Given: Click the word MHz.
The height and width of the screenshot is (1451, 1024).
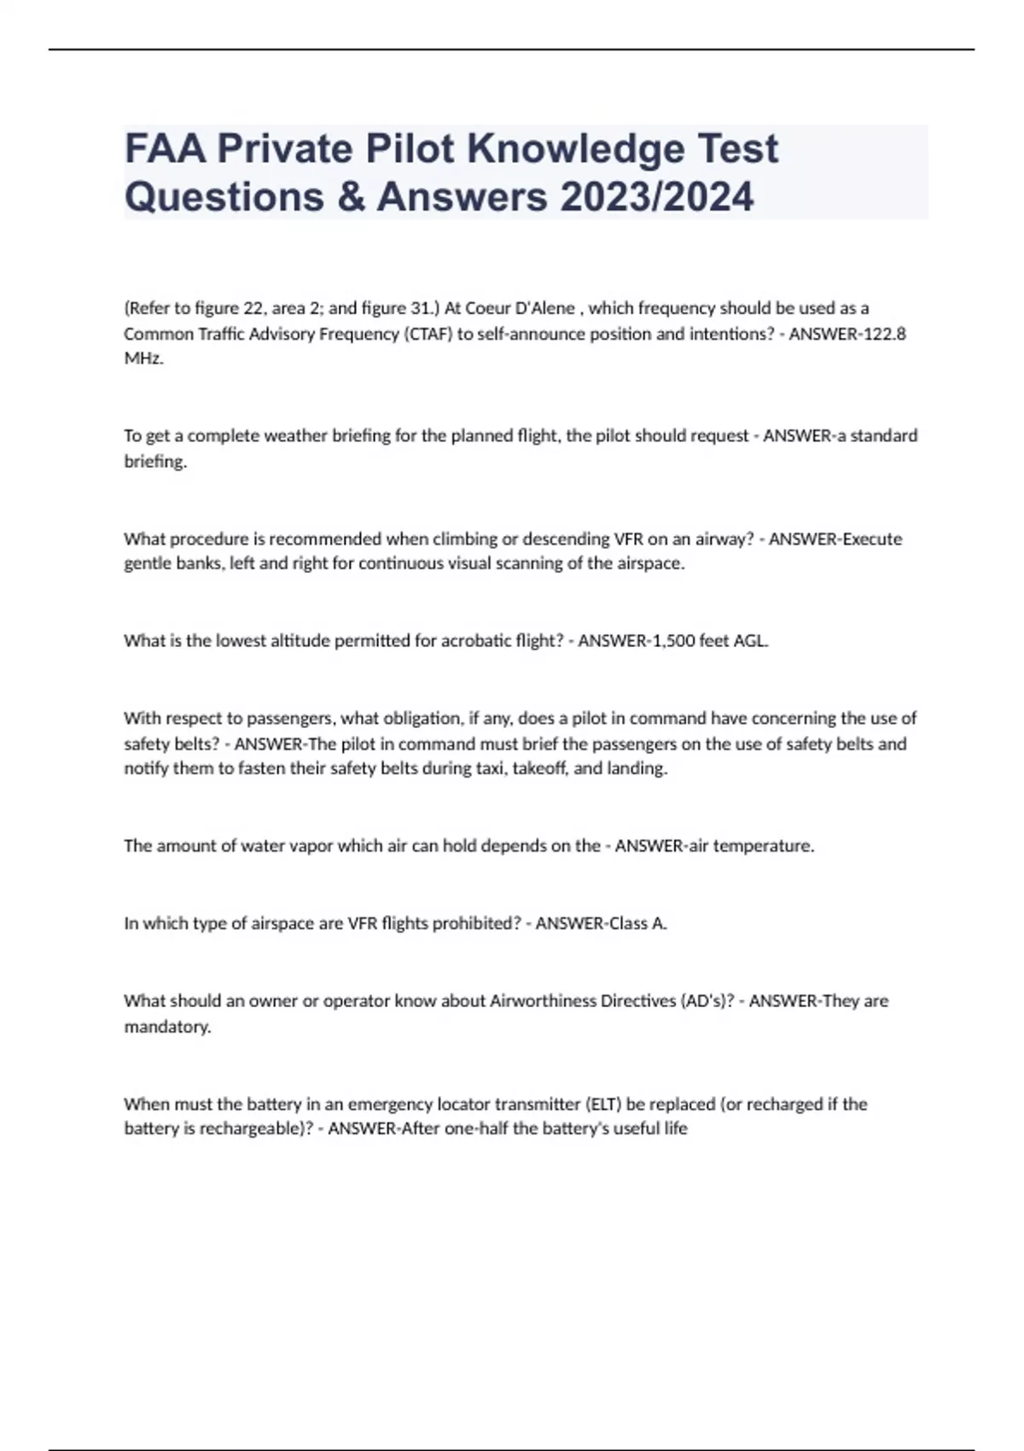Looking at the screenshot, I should (143, 358).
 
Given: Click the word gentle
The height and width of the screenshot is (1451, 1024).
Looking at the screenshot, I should (148, 564).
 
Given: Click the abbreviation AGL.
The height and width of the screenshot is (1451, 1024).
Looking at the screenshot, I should (751, 641).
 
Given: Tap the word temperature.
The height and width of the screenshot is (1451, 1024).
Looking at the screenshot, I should (764, 846).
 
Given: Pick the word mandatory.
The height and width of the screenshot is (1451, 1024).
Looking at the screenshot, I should (167, 1027).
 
